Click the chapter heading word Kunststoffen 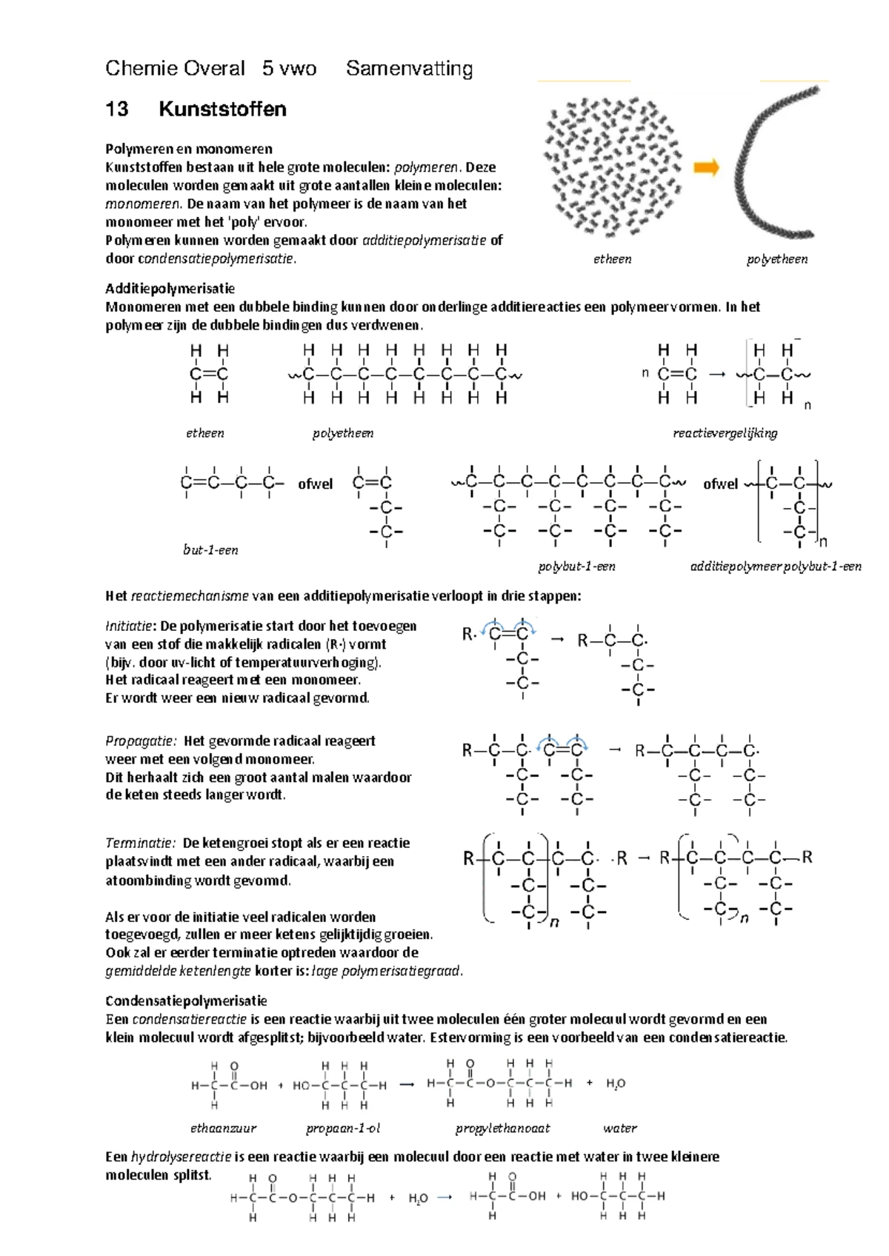click(222, 109)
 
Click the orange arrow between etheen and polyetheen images click(706, 167)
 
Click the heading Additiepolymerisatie click(170, 288)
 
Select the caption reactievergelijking click(725, 432)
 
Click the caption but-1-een click(210, 549)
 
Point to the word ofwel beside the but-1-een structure click(315, 484)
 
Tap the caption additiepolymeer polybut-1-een click(775, 566)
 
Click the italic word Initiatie click(129, 626)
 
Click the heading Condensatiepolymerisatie click(186, 1001)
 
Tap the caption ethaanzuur click(223, 1128)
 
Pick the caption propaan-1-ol click(343, 1128)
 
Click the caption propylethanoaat click(502, 1128)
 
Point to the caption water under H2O click(619, 1128)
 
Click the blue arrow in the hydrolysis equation click(444, 1197)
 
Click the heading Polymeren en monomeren click(188, 148)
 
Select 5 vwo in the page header click(289, 69)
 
